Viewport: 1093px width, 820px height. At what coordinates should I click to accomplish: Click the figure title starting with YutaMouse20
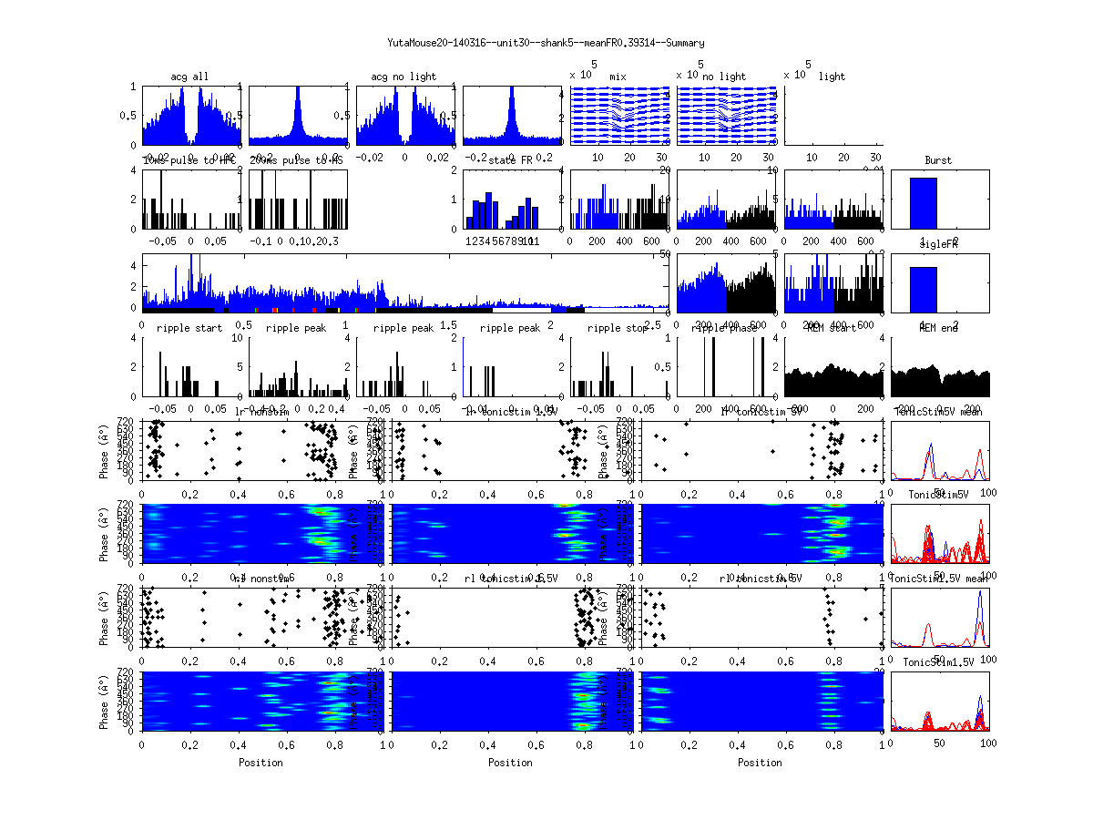coord(546,43)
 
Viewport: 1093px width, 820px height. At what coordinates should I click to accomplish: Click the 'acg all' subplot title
coord(189,77)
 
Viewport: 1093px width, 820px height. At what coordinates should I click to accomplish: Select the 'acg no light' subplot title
coord(403,77)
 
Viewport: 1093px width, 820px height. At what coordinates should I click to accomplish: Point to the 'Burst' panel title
coord(938,160)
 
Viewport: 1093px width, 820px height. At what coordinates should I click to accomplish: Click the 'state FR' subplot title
coord(510,160)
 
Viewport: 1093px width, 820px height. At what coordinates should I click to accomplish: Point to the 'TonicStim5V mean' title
coord(938,412)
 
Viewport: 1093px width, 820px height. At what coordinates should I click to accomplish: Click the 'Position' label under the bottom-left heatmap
coord(260,763)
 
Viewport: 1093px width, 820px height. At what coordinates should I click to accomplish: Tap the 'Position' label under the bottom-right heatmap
coord(760,763)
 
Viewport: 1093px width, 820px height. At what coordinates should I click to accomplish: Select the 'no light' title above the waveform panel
coord(724,77)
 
